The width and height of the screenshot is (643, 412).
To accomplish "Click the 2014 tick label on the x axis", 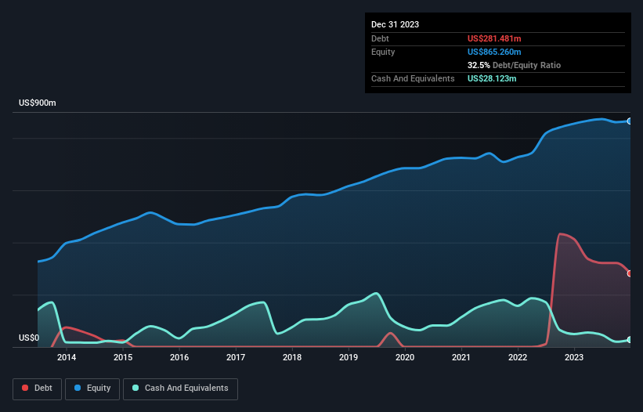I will click(x=66, y=358).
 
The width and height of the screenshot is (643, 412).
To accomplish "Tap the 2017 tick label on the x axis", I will click(x=236, y=358).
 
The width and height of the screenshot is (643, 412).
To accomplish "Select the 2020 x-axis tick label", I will click(x=405, y=358).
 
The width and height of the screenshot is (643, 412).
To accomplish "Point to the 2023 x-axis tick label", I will click(x=574, y=358).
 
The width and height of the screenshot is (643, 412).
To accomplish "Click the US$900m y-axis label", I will click(x=38, y=103).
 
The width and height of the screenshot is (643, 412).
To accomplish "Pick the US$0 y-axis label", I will click(x=29, y=338).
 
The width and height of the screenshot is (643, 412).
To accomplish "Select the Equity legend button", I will click(x=92, y=389).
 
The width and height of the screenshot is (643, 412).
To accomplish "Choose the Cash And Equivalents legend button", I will click(x=180, y=389).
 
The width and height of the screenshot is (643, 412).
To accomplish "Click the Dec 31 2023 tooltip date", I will click(x=395, y=24).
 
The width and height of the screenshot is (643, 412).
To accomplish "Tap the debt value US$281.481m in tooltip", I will click(x=493, y=38).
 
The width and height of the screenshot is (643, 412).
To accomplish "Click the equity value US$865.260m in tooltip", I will click(x=493, y=52).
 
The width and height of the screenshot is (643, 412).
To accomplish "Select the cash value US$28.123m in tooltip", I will click(x=492, y=78).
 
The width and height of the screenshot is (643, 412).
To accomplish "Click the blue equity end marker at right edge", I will click(x=630, y=121).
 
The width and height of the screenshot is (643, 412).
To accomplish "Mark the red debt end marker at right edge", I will click(x=630, y=273).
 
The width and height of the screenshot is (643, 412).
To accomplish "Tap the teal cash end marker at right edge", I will click(x=630, y=340).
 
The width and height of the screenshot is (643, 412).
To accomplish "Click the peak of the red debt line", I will click(x=560, y=233).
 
